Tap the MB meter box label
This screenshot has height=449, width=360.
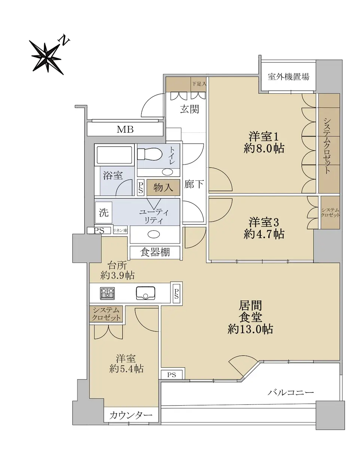(125, 129)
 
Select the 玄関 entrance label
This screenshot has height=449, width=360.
(189, 109)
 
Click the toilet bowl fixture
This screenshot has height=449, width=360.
(150, 154)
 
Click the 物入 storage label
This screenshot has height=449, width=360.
(163, 187)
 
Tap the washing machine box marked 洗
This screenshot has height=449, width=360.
(104, 213)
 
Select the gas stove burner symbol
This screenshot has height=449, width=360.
(107, 293)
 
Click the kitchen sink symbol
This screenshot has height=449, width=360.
(146, 293)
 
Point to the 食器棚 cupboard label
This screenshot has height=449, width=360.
(155, 252)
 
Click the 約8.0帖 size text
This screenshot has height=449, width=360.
(264, 149)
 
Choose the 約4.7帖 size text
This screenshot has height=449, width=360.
(264, 234)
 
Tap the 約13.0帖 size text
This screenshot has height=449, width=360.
(250, 329)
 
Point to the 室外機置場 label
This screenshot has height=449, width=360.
(289, 77)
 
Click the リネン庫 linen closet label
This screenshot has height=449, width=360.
(120, 230)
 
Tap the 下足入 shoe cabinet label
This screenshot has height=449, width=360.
(199, 84)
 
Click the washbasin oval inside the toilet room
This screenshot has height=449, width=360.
(168, 172)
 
